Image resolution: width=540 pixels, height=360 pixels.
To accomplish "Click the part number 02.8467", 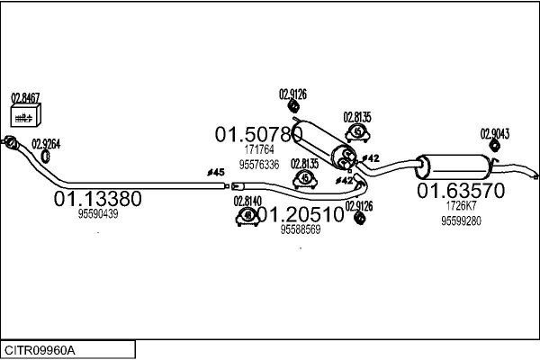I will point(25,97).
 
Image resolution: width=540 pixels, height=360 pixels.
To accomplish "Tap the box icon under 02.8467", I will point(25,115).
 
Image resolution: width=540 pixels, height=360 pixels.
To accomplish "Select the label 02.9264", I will point(46,143).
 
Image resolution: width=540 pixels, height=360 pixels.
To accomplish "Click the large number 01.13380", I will point(98,198).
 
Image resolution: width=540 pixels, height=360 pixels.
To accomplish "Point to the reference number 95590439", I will point(98,214).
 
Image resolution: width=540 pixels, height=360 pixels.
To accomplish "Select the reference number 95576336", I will point(259,165).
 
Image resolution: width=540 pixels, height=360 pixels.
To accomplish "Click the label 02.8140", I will point(247,201).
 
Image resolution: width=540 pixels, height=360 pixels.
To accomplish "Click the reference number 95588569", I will point(301,229).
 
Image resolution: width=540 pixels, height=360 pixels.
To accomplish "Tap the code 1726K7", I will point(461,206).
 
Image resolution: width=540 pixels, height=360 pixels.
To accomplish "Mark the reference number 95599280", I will point(461,221).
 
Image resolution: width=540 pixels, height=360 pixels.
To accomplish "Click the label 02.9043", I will point(495,133).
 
